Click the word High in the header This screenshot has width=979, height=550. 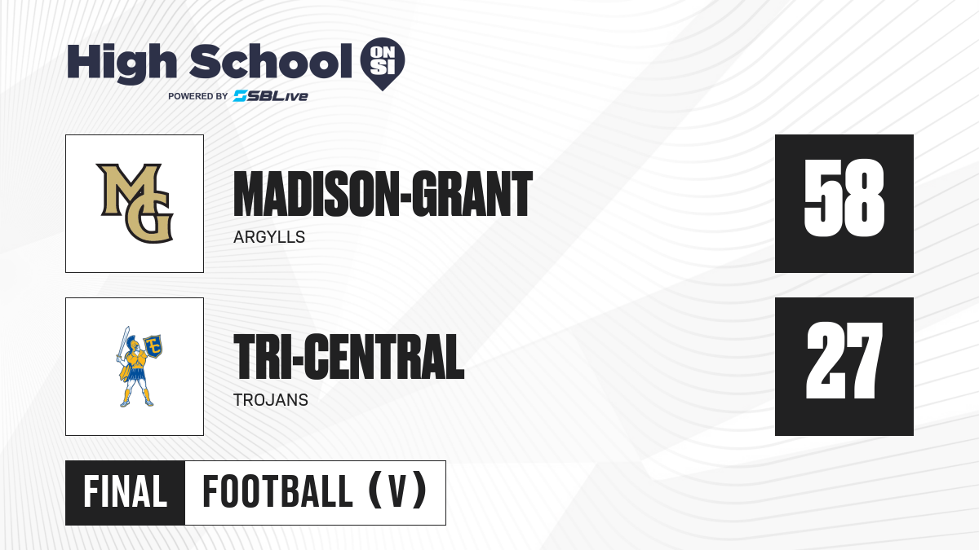[x=122, y=63]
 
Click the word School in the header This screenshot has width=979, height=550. [x=271, y=61]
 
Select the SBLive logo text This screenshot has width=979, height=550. [x=271, y=95]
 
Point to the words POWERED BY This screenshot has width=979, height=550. [x=197, y=96]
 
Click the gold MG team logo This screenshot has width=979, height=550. [x=135, y=203]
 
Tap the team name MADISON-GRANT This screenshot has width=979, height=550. [x=383, y=194]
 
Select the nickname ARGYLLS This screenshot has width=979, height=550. [x=269, y=237]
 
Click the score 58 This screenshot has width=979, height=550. [x=844, y=198]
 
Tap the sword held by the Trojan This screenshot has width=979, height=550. [x=123, y=344]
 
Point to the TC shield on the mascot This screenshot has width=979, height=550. [x=153, y=345]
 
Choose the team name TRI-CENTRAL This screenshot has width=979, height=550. [x=349, y=357]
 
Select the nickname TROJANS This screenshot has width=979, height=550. [x=271, y=400]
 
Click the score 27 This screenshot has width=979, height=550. [x=844, y=360]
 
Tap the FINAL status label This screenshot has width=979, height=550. [x=126, y=492]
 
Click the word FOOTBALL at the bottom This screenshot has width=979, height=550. [x=277, y=492]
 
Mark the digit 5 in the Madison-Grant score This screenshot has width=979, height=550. [x=822, y=198]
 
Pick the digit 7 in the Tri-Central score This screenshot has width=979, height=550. [x=866, y=360]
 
